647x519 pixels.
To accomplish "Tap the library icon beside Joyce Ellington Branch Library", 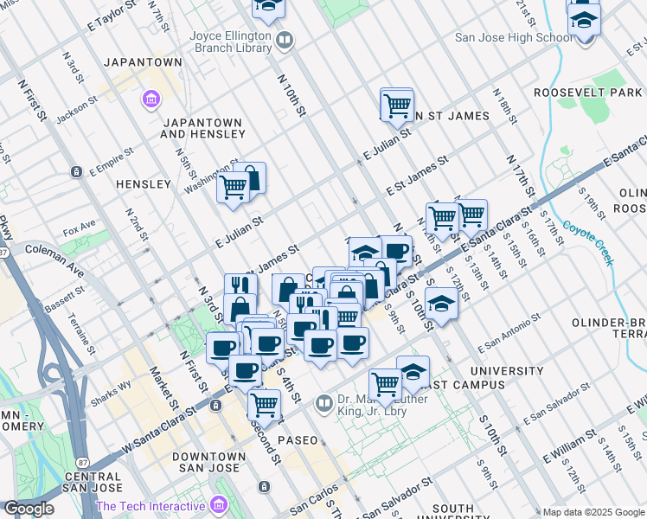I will (285, 39).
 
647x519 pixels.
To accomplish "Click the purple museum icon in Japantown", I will (151, 100).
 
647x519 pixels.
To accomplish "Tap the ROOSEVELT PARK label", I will (588, 93).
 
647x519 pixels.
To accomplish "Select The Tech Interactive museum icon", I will (217, 504).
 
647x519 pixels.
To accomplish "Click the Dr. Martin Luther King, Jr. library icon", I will (323, 402).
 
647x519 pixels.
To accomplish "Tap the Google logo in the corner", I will (29, 508).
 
